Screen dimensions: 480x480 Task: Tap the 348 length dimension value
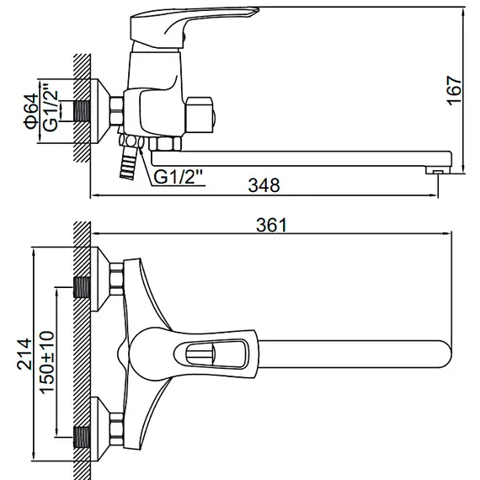pyautogui.click(x=267, y=184)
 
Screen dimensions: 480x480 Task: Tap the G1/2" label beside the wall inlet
pyautogui.click(x=51, y=110)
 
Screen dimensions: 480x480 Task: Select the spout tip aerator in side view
pyautogui.click(x=435, y=170)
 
